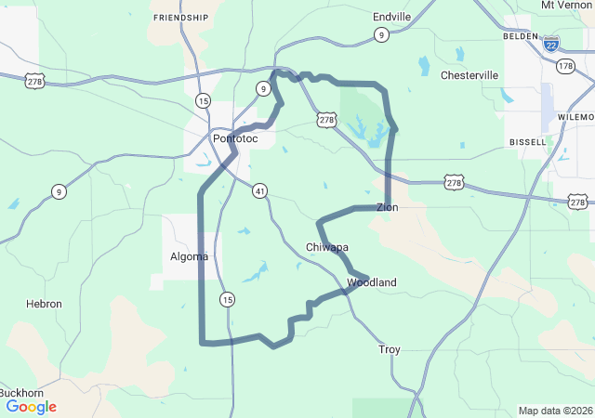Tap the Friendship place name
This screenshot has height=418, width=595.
click(x=180, y=18)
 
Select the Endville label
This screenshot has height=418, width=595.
click(x=391, y=17)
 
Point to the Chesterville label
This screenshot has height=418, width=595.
click(x=469, y=75)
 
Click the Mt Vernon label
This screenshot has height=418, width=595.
click(x=566, y=5)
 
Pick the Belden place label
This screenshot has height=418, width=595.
click(x=520, y=35)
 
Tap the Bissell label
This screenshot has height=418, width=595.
click(x=528, y=141)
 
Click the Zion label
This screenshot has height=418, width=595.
click(x=387, y=207)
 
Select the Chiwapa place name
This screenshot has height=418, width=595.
click(x=327, y=247)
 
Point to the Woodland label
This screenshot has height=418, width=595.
click(x=372, y=282)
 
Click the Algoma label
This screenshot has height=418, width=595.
click(x=190, y=256)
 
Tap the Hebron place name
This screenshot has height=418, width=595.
click(x=45, y=304)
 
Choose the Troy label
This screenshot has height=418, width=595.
click(x=390, y=349)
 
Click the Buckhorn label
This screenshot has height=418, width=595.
click(x=21, y=393)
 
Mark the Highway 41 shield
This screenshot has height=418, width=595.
click(x=259, y=190)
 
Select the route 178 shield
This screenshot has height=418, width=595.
click(x=566, y=66)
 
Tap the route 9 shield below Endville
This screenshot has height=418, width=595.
click(x=382, y=35)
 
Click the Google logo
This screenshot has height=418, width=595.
click(x=32, y=407)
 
